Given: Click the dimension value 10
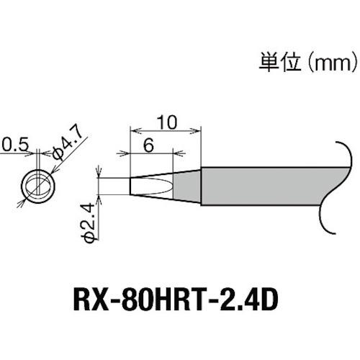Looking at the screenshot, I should pos(165,122).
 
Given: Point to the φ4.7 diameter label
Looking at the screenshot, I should pos(70,150).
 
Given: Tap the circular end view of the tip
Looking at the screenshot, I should pos(37,186).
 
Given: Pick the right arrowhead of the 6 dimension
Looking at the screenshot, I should pos(174,153).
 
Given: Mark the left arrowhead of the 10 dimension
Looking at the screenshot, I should pos(132,130).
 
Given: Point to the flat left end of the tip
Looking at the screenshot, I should pos(131,185).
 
